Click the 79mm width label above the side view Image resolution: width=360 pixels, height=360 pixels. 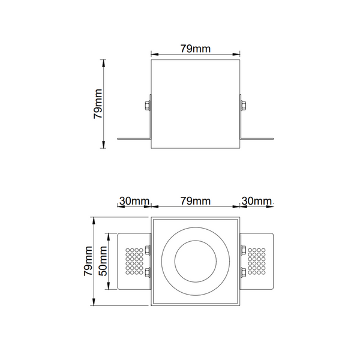tap(195, 49)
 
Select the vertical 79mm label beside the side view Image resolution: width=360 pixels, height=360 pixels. tap(98, 104)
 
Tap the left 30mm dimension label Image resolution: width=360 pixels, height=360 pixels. tap(134, 201)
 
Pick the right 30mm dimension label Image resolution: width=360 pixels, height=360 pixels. tap(256, 201)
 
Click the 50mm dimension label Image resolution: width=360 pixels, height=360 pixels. tap(103, 261)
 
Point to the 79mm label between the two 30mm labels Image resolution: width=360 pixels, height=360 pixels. tap(195, 201)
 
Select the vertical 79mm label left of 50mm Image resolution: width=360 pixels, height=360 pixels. tap(88, 261)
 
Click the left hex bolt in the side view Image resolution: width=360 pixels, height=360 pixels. tap(147, 106)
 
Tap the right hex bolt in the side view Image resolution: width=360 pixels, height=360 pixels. tap(243, 106)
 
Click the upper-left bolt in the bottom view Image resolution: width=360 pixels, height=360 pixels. tap(148, 250)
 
